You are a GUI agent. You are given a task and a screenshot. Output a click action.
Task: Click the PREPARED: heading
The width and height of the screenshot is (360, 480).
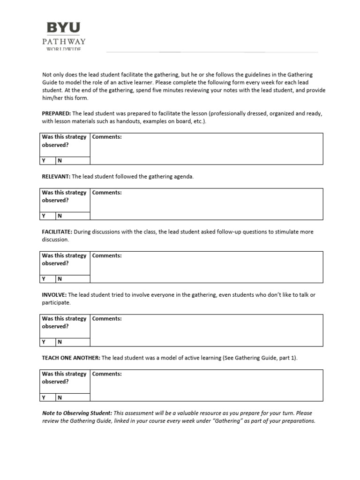point(56,113)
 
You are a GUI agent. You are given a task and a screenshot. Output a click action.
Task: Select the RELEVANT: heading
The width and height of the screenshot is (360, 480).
point(55,177)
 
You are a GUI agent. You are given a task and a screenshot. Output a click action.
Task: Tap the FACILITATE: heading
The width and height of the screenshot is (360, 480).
point(57,232)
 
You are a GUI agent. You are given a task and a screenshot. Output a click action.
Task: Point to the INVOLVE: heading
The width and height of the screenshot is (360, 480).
point(54,295)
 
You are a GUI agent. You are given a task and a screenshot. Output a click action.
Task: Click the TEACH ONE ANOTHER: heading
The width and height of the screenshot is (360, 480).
point(71,358)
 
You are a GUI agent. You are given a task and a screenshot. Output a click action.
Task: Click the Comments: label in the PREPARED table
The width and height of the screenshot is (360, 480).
point(107,137)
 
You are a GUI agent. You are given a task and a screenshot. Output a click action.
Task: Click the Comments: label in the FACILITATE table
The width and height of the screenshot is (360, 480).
point(107,255)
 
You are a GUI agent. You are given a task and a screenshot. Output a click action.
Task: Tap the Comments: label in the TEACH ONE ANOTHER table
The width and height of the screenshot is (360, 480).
point(107,374)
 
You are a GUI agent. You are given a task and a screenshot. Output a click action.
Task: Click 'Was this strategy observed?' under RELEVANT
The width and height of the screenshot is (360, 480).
point(64,196)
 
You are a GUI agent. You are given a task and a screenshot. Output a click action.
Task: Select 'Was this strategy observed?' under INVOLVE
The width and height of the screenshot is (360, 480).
point(64,322)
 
